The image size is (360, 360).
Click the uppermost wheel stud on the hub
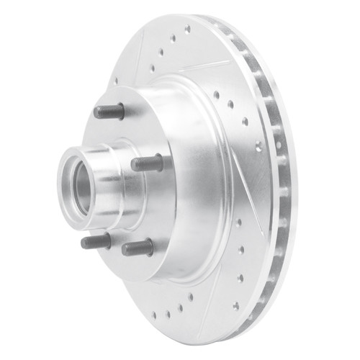click(109, 112)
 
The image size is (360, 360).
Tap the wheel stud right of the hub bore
click(147, 163)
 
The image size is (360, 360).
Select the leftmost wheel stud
click(96, 241)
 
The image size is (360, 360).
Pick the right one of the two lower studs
click(138, 248)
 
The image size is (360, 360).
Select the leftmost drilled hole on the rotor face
click(116, 80)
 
